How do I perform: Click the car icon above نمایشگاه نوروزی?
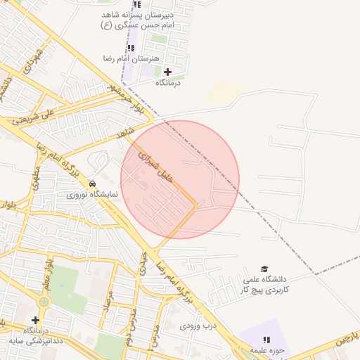tap(93, 183)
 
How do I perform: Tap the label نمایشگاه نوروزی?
tap(93, 194)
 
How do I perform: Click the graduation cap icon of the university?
tap(264, 269)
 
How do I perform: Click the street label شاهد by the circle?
tap(126, 133)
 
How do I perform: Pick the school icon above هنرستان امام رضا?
tap(130, 47)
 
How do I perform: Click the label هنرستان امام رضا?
tap(141, 58)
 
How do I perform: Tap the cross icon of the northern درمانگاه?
tap(167, 72)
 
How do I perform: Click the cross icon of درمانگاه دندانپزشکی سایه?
tap(35, 320)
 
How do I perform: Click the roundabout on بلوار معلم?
tap(44, 302)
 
